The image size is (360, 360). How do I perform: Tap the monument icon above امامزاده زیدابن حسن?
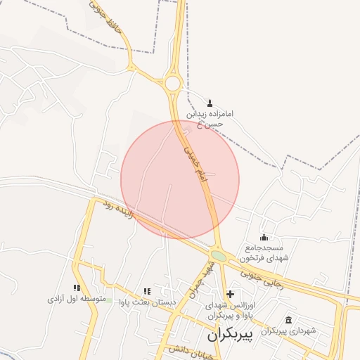click(x=210, y=103)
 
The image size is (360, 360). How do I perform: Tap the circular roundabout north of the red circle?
click(x=173, y=84)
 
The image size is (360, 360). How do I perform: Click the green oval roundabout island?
click(x=219, y=257)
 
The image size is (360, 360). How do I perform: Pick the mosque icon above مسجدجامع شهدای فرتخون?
click(x=264, y=237)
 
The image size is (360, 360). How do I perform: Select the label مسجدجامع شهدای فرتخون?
click(x=264, y=253)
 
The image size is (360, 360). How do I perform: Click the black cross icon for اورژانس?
click(x=230, y=293)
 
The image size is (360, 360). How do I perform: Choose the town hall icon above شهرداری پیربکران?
click(x=289, y=320)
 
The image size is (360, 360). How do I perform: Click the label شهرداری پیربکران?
click(x=289, y=330)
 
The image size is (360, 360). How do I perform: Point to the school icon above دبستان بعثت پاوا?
click(x=146, y=291)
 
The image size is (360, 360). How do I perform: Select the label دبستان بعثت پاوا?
click(x=146, y=302)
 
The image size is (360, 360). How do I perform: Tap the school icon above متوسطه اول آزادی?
click(x=76, y=288)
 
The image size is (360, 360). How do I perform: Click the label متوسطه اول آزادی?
click(x=76, y=300)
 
